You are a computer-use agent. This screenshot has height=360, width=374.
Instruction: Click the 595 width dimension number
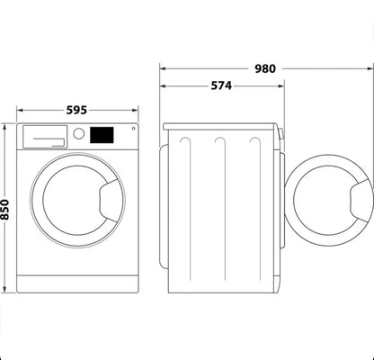76,110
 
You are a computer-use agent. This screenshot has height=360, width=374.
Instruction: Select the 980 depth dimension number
264,67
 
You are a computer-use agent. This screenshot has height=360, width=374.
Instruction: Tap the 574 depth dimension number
221,86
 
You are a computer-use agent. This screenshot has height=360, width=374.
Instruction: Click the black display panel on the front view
102,134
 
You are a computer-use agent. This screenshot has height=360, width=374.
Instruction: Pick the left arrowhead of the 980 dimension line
164,68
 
